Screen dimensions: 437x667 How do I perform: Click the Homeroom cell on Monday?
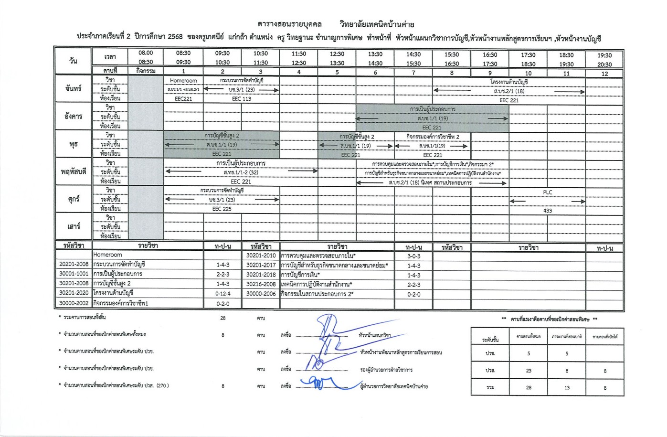[183, 81]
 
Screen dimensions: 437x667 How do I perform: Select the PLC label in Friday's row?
[547, 192]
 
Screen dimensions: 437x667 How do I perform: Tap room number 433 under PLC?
[547, 211]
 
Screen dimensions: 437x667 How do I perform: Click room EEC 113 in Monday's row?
[241, 99]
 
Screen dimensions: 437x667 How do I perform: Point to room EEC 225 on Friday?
[222, 209]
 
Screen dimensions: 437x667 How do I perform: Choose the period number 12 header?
[604, 74]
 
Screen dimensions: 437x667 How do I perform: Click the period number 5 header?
[337, 73]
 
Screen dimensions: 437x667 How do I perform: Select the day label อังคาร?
[73, 117]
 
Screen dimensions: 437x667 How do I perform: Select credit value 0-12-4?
[222, 293]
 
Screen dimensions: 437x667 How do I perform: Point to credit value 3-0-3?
[413, 256]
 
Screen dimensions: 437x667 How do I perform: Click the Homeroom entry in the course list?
[108, 255]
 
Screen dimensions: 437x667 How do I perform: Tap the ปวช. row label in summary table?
[490, 354]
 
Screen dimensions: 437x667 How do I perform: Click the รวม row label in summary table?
[490, 387]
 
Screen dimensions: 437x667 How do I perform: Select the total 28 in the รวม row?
[529, 387]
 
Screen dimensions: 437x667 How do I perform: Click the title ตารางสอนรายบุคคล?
[289, 24]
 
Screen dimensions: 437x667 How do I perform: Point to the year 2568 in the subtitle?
[175, 38]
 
